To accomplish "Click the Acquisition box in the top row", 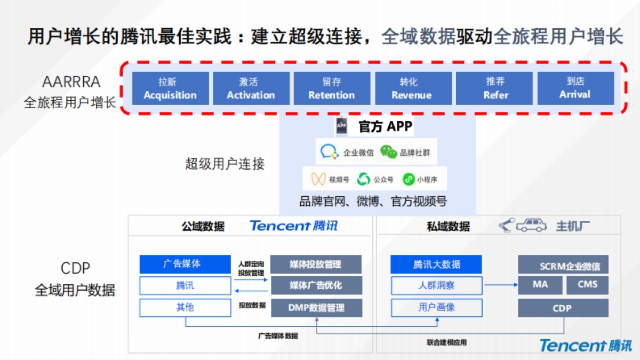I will pos(170,89).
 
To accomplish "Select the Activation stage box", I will pos(251,89).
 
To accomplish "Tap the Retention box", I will pos(332,89).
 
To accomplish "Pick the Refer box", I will pos(494,89).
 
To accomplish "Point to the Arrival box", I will pos(575,89).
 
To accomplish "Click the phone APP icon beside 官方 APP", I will pos(341,126).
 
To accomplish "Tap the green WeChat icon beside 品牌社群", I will pos(388,153).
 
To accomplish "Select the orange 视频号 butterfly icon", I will pos(318,179).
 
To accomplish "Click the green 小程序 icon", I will pos(409,179).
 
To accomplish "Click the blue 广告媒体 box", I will pos(185,264).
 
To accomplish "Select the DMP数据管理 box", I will pos(316,308).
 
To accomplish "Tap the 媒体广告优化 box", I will pos(316,285).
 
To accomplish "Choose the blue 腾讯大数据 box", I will pos(436,265).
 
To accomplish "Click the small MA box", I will pos(540,285).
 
